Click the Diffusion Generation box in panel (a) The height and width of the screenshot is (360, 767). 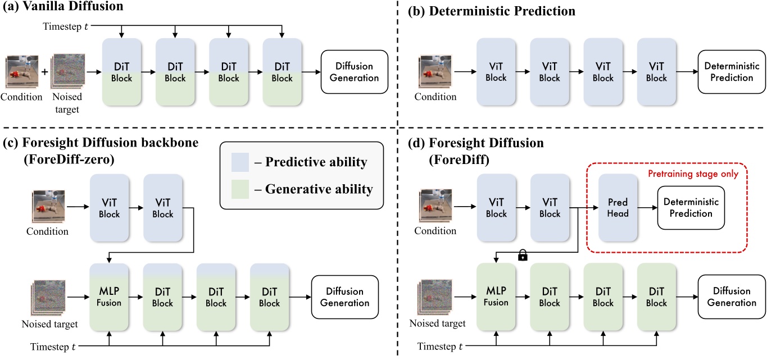pyautogui.click(x=354, y=72)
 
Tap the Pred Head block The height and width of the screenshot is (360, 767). pyautogui.click(x=616, y=208)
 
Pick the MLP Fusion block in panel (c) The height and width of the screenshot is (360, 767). pyautogui.click(x=110, y=297)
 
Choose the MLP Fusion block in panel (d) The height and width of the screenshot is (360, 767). pyautogui.click(x=496, y=297)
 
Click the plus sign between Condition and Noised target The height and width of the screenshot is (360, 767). pyautogui.click(x=44, y=72)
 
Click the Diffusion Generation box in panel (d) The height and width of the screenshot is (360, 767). pyautogui.click(x=731, y=297)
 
